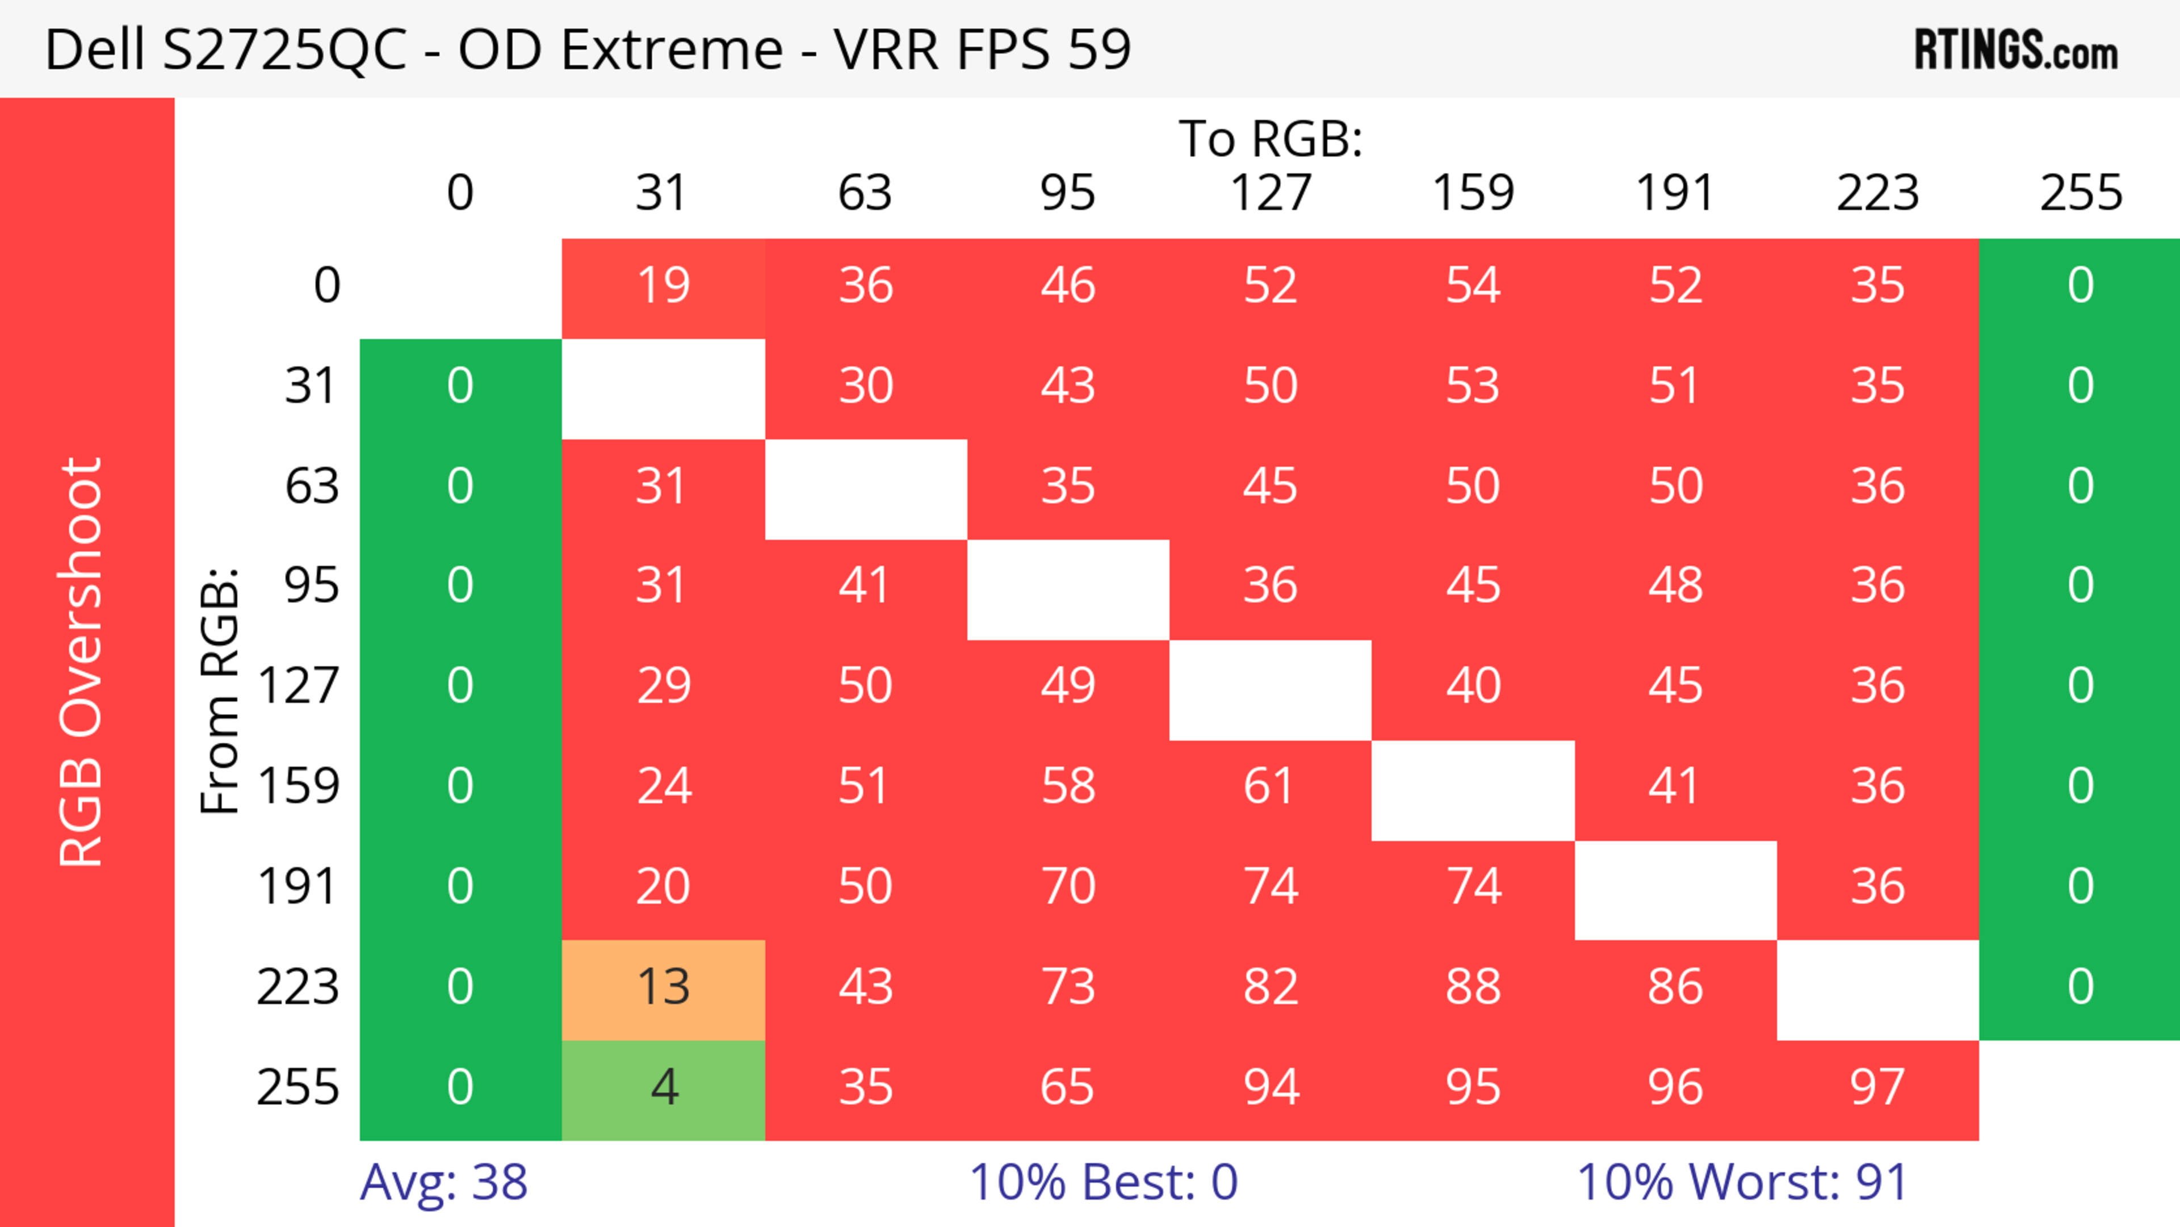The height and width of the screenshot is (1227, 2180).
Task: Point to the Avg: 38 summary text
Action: pyautogui.click(x=443, y=1182)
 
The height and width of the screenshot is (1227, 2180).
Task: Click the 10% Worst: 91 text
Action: pyautogui.click(x=1742, y=1182)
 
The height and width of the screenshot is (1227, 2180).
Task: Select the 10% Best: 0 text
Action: pyautogui.click(x=1102, y=1182)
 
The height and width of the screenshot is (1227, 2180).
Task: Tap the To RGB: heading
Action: pyautogui.click(x=1271, y=139)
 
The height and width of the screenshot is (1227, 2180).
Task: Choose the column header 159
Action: pyautogui.click(x=1473, y=193)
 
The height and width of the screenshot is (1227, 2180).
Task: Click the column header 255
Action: pyautogui.click(x=2080, y=193)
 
